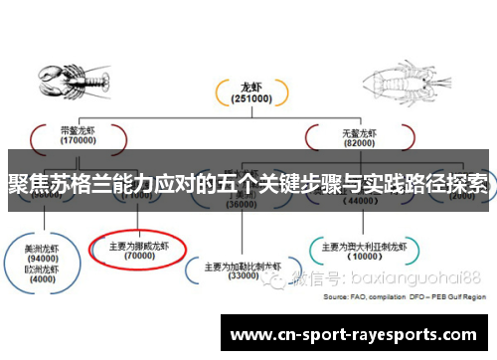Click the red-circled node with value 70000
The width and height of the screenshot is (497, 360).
coord(137,250)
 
